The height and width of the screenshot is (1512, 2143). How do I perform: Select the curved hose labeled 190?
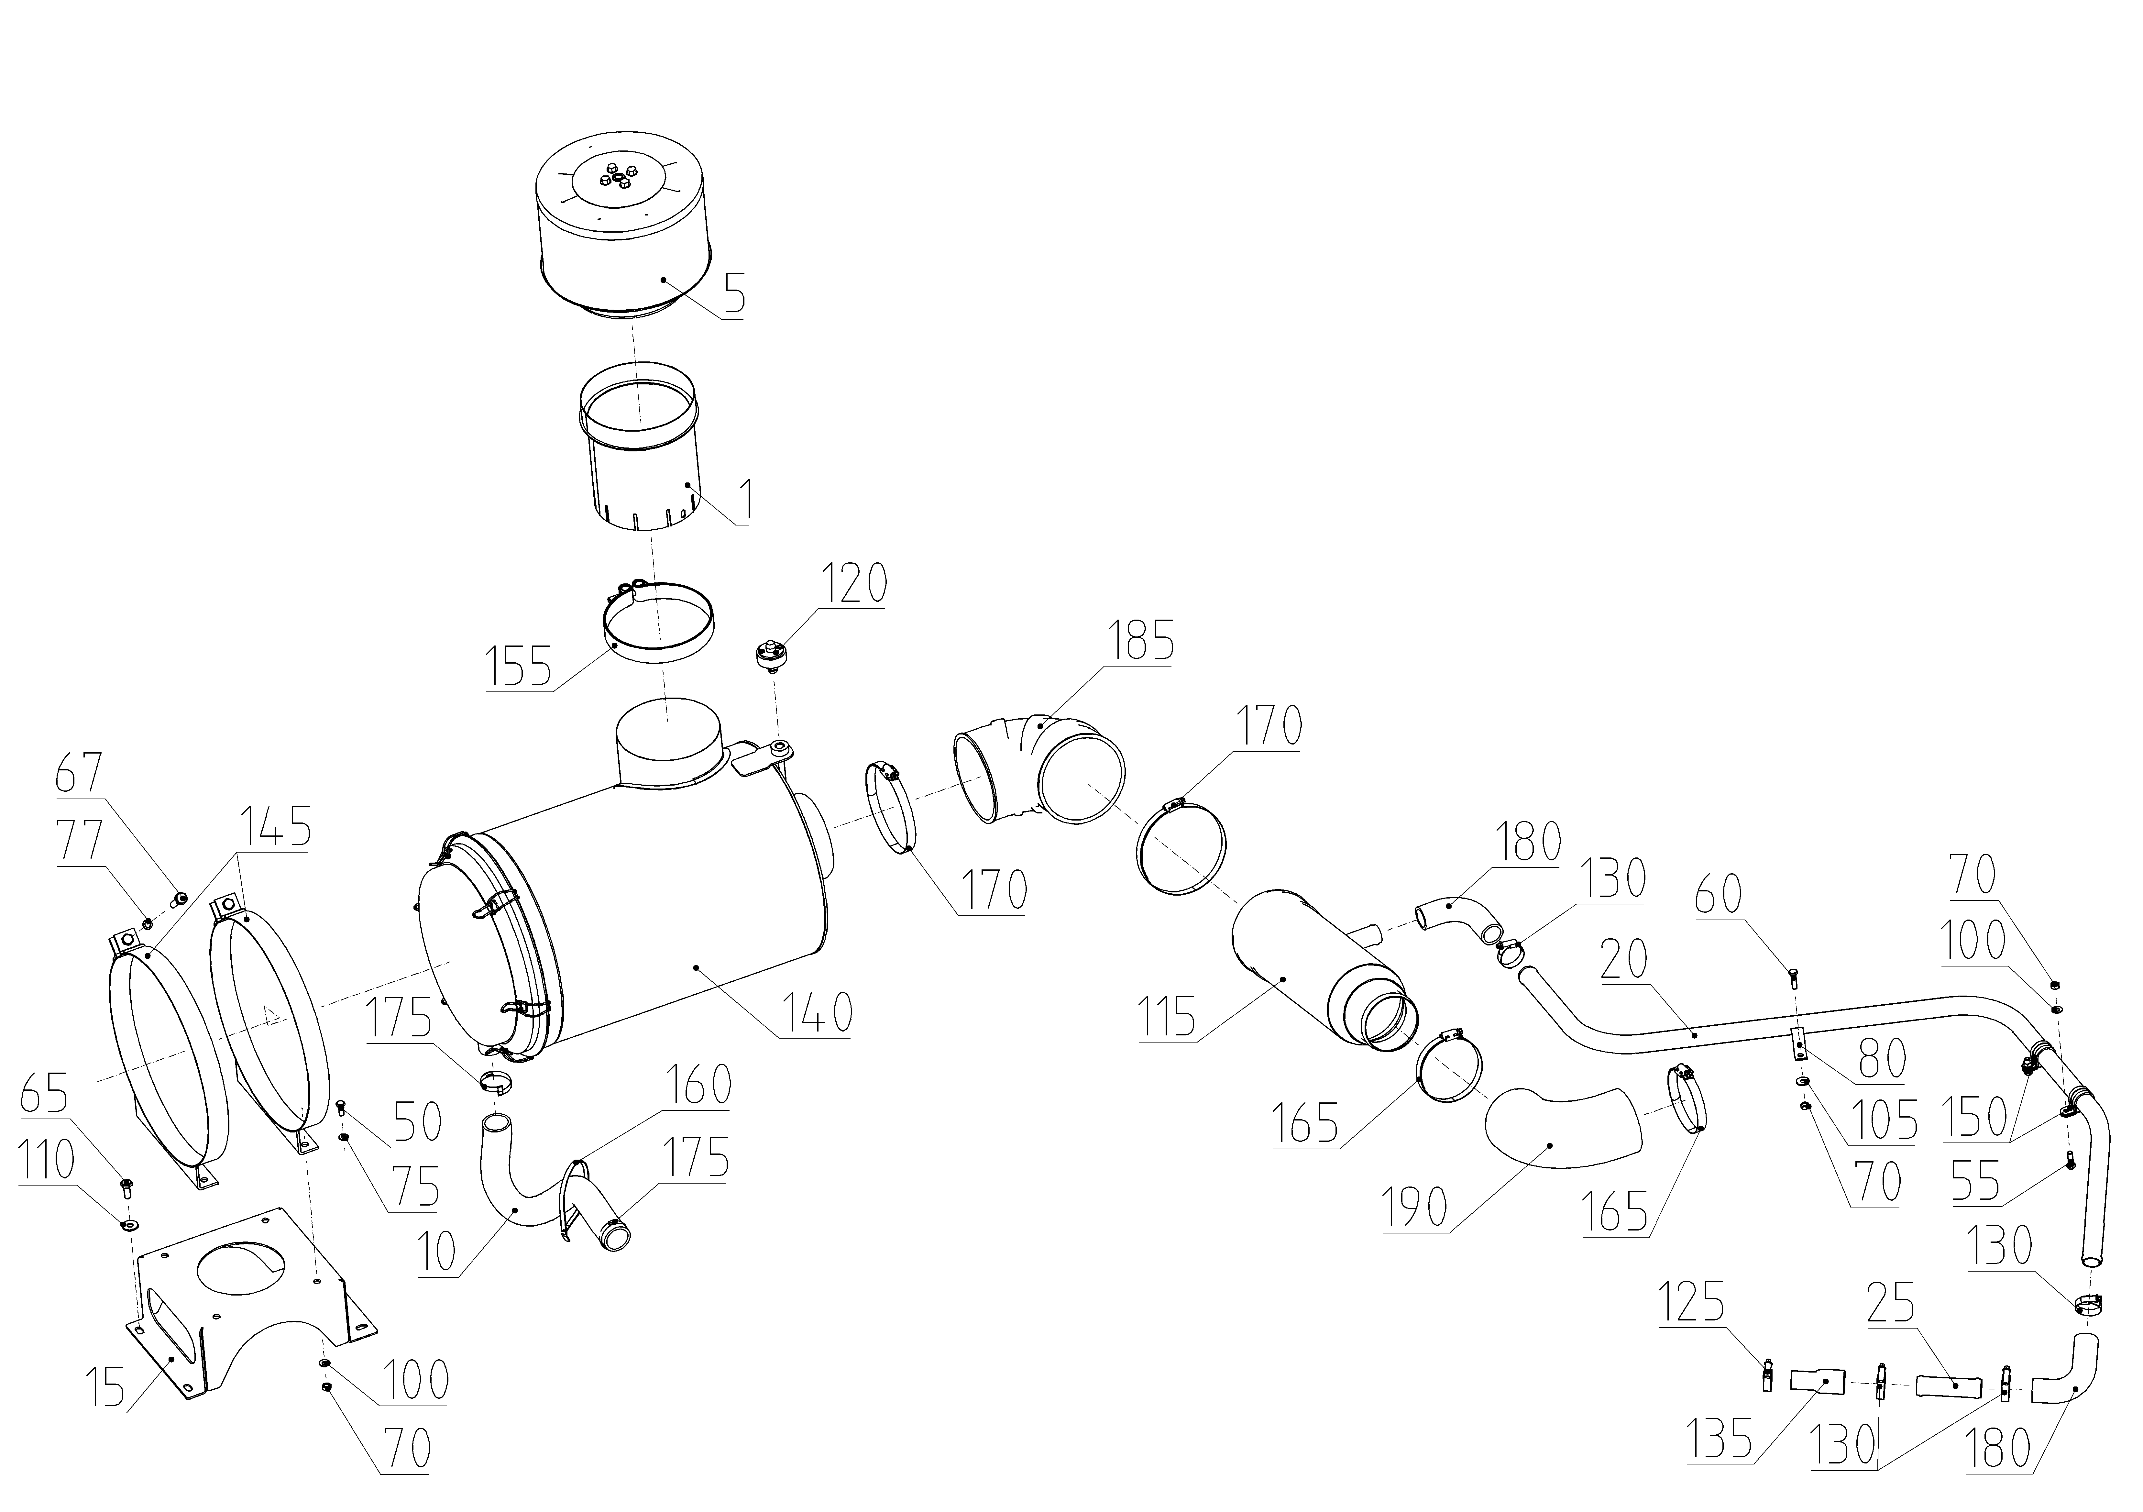[x=1559, y=1129]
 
